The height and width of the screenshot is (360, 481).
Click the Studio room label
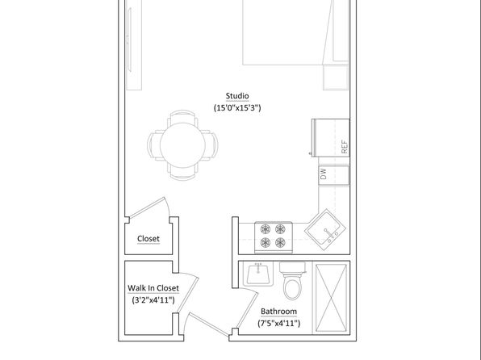pyautogui.click(x=237, y=96)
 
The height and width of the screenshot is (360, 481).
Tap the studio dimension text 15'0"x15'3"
pyautogui.click(x=237, y=107)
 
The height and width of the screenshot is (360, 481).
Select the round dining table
pyautogui.click(x=182, y=144)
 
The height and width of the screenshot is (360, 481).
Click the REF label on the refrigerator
pyautogui.click(x=345, y=147)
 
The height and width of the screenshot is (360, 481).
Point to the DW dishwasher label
pyautogui.click(x=323, y=174)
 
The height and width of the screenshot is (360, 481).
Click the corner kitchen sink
pyautogui.click(x=325, y=229)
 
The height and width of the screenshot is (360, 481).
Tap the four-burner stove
pyautogui.click(x=274, y=237)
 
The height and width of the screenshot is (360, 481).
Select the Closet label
pyautogui.click(x=148, y=238)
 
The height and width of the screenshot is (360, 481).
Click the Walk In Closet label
pyautogui.click(x=153, y=288)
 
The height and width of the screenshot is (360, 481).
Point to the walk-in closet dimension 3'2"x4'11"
pyautogui.click(x=153, y=299)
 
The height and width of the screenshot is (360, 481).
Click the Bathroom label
pyautogui.click(x=279, y=312)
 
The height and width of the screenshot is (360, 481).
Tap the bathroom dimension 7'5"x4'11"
pyautogui.click(x=279, y=323)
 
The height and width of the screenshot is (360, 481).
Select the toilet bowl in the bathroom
pyautogui.click(x=293, y=287)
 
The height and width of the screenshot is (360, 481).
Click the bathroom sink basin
pyautogui.click(x=258, y=274)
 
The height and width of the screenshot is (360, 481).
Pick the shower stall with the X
pyautogui.click(x=332, y=298)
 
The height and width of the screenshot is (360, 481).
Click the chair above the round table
pyautogui.click(x=182, y=116)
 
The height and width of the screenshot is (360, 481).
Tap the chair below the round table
pyautogui.click(x=182, y=173)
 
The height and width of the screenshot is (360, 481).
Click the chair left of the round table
pyautogui.click(x=154, y=144)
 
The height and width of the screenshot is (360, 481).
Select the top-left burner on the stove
pyautogui.click(x=266, y=229)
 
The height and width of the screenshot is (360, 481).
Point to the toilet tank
pyautogui.click(x=293, y=267)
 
